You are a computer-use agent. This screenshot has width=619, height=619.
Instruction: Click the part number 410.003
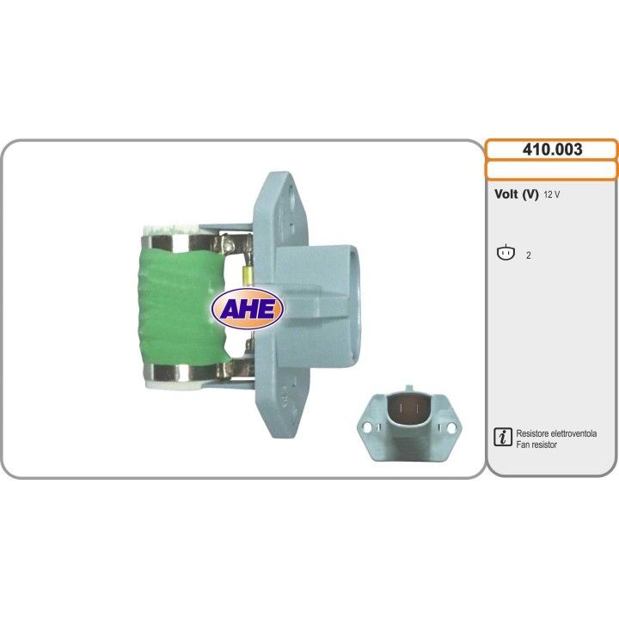[552, 150]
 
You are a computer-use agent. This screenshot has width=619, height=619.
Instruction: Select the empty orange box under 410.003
[551, 170]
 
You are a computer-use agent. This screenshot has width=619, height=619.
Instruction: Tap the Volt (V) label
[516, 194]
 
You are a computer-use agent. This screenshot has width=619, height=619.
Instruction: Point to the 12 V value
[551, 194]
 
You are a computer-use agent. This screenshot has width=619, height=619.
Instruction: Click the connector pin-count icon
[506, 253]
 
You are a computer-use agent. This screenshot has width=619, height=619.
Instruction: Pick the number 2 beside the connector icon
[528, 255]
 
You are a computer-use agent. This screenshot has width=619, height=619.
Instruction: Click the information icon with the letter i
[503, 437]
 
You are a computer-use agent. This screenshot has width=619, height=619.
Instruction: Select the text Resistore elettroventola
[556, 433]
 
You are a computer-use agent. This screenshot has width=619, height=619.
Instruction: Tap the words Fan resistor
[536, 444]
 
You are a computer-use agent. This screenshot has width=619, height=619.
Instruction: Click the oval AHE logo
[248, 309]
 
